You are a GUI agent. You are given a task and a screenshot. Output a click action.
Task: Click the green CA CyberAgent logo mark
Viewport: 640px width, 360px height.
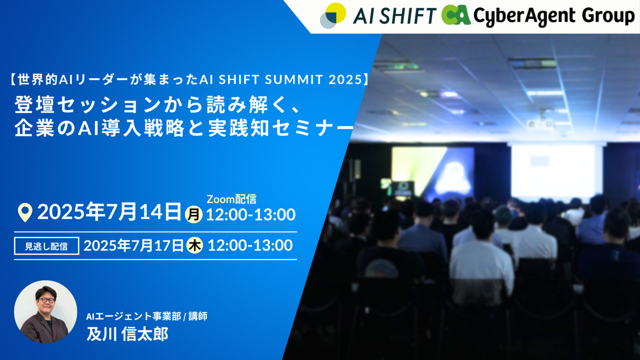[455, 15]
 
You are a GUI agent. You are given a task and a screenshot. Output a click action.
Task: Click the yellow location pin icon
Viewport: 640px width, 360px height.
[25, 212]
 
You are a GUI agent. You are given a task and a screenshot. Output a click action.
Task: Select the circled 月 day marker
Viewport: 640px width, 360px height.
[194, 215]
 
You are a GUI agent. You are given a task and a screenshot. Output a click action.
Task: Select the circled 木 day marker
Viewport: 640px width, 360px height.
[195, 245]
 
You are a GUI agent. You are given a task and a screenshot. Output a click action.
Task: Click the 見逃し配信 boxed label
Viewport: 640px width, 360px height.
[46, 246]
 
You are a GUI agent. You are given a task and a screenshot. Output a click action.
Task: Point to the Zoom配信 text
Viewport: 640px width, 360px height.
[231, 199]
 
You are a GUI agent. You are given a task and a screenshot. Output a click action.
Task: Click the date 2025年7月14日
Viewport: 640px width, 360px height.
[109, 212]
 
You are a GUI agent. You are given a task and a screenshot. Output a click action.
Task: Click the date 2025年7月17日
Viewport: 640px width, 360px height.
[133, 246]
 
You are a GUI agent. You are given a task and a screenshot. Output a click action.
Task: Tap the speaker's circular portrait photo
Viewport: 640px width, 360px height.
[45, 312]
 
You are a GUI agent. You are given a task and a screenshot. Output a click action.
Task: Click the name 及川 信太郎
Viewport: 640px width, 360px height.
[127, 334]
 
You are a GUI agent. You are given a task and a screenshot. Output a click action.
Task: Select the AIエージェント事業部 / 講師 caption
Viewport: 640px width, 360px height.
[147, 316]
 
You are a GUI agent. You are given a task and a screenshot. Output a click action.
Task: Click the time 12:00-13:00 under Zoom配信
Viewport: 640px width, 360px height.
[250, 215]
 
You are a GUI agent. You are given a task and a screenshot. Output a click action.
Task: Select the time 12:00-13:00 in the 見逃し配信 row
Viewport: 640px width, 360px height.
[250, 245]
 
